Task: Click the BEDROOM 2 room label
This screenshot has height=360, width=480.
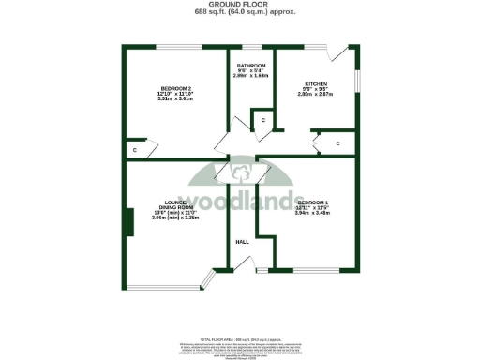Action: pyautogui.click(x=150, y=88)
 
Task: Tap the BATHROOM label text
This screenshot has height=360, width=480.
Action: pyautogui.click(x=252, y=65)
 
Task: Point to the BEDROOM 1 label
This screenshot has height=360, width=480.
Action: pyautogui.click(x=312, y=202)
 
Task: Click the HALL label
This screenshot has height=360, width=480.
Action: pyautogui.click(x=242, y=242)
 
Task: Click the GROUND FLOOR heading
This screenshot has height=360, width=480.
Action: pyautogui.click(x=239, y=5)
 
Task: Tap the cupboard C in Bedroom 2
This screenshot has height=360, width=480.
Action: pyautogui.click(x=135, y=149)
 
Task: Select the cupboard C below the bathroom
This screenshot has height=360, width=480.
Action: pyautogui.click(x=263, y=121)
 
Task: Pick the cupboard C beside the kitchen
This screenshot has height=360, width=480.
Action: pyautogui.click(x=338, y=142)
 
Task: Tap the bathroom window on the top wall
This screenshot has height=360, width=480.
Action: pyautogui.click(x=252, y=46)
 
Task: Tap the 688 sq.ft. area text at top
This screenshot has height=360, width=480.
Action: pyautogui.click(x=239, y=12)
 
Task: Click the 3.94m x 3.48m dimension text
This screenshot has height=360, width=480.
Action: pyautogui.click(x=313, y=214)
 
